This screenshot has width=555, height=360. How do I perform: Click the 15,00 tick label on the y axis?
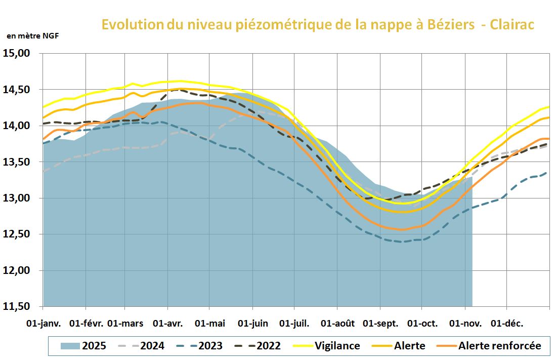click(x=17, y=53)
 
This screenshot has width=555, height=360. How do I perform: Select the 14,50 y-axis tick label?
click(x=17, y=90)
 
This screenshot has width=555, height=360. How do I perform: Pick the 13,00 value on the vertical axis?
click(x=17, y=198)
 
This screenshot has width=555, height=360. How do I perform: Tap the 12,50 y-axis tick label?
click(x=17, y=234)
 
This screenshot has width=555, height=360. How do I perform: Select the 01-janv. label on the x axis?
click(x=43, y=323)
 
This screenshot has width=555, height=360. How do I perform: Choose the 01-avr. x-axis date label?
click(x=168, y=323)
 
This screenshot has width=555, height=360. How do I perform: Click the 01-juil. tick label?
click(x=294, y=323)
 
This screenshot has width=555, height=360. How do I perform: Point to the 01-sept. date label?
click(x=380, y=323)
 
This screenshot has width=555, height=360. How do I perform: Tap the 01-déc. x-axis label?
click(x=507, y=323)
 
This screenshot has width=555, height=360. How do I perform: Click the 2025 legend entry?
click(x=94, y=346)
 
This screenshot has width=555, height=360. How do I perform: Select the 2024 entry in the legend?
click(x=152, y=346)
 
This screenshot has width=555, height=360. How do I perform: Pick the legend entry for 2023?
click(x=210, y=346)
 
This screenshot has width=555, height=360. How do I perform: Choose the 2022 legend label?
click(x=269, y=346)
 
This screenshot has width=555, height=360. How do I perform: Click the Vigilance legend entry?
click(x=337, y=346)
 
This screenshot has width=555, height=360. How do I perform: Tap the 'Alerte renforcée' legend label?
click(x=500, y=346)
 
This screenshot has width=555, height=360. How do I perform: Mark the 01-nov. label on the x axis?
click(x=464, y=323)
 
